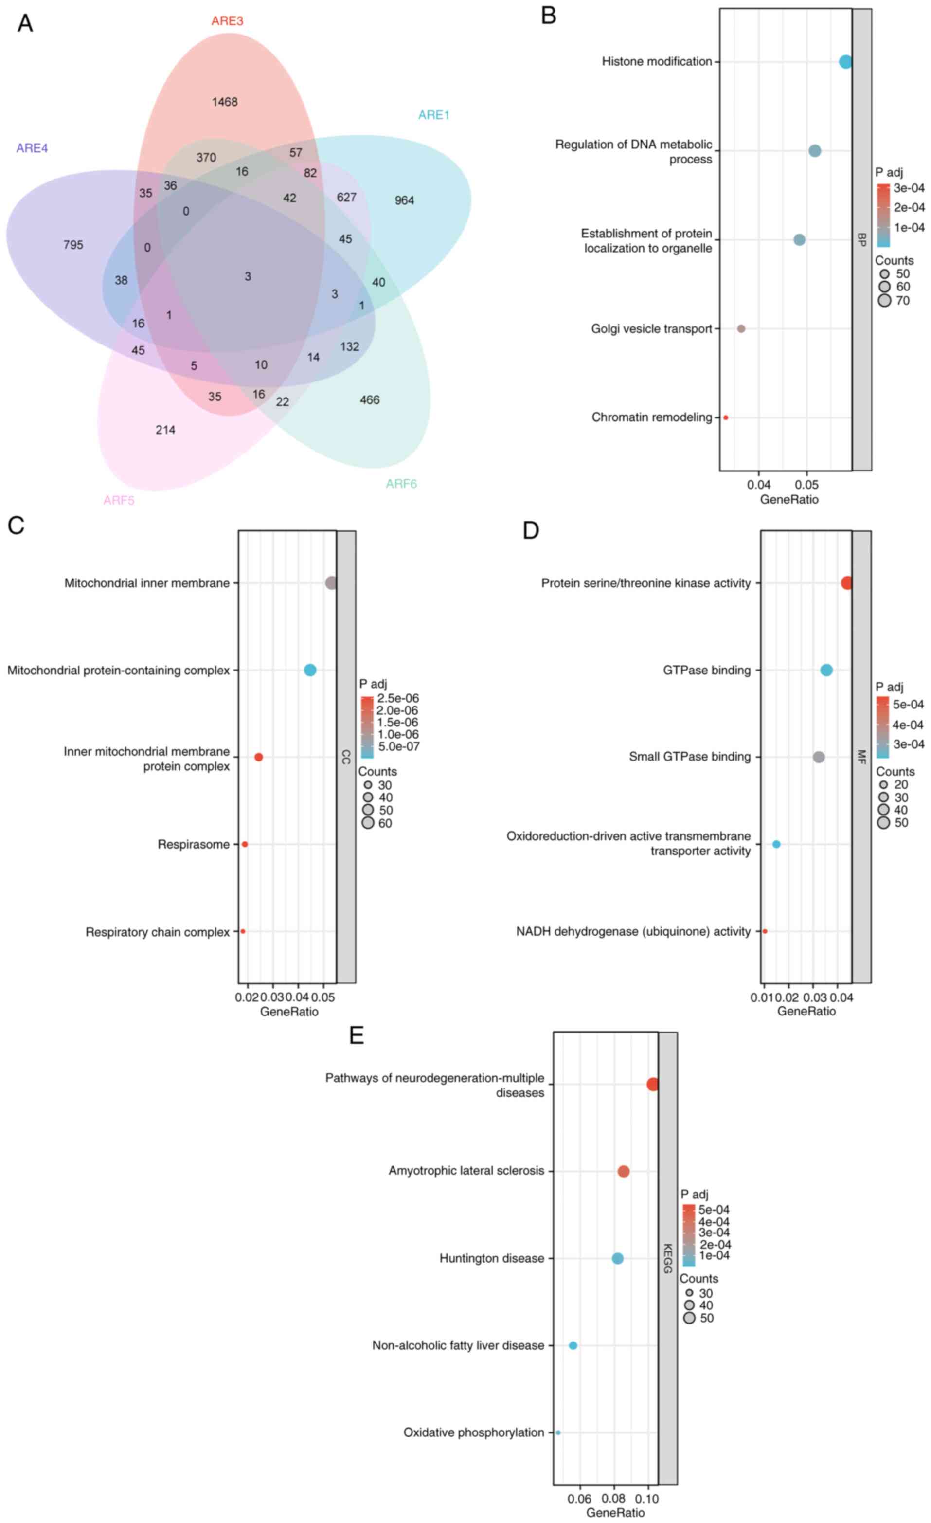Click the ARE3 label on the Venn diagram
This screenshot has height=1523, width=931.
tap(227, 21)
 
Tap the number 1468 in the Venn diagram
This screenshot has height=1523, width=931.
tap(224, 102)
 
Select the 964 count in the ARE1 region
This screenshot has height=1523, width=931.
tap(404, 201)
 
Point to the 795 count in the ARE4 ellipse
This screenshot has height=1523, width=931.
tap(73, 245)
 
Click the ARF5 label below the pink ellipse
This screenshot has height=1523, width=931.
tap(119, 501)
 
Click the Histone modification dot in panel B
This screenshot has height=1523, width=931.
tap(845, 62)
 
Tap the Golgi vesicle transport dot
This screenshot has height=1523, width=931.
tap(741, 329)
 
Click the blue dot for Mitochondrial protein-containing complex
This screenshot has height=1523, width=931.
tap(310, 670)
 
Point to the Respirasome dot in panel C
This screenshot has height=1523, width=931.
tap(245, 844)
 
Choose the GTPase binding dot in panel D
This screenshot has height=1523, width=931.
tap(826, 670)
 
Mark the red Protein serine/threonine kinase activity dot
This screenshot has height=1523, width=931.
tap(846, 583)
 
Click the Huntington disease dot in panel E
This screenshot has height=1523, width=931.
tap(617, 1258)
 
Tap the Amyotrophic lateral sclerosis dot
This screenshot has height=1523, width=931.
tap(624, 1171)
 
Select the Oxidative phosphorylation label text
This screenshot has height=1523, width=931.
tap(473, 1433)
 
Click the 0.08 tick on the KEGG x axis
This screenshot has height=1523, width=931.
tap(613, 1499)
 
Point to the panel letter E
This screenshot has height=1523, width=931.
tap(357, 1035)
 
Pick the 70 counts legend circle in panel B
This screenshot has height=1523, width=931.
tap(884, 301)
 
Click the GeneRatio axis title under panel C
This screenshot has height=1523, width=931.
tap(288, 1012)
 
